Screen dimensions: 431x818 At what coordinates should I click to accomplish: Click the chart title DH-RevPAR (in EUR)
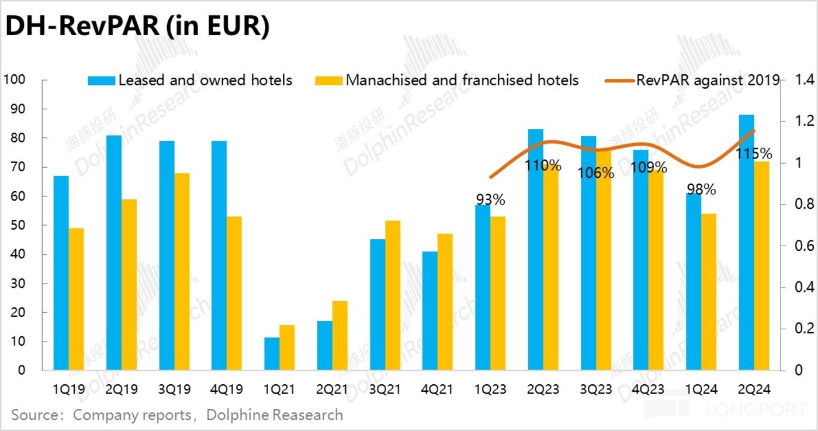click(137, 27)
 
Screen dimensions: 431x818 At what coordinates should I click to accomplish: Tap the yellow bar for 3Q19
click(182, 272)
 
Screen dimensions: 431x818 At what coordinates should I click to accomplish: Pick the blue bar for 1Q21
click(272, 354)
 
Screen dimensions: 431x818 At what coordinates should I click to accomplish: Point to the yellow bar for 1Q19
click(77, 299)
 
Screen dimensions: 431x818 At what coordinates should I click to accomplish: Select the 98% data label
click(701, 189)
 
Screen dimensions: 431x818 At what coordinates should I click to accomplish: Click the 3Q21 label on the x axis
click(385, 389)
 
